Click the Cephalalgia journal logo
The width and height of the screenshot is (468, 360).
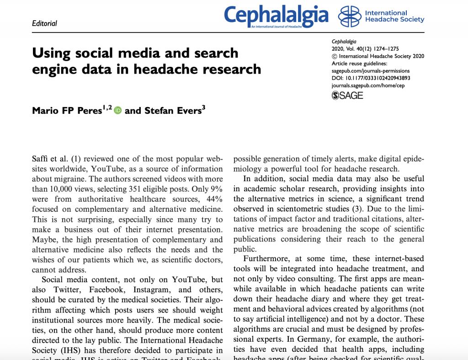point(276,16)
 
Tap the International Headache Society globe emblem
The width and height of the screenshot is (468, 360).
point(349,16)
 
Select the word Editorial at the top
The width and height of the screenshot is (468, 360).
point(44,23)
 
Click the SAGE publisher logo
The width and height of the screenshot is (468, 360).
point(347,95)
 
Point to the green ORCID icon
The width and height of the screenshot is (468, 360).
point(118,110)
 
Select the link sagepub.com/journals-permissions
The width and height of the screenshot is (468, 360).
point(371,71)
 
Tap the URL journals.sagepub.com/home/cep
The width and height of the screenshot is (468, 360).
point(368,85)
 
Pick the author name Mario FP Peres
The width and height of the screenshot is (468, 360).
point(67,110)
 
